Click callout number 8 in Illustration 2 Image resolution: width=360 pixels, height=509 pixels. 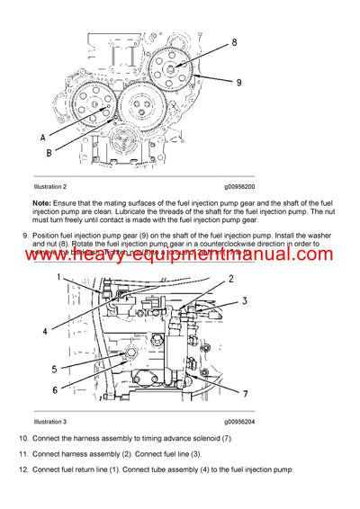tap(235, 42)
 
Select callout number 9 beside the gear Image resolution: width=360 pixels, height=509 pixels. tap(239, 83)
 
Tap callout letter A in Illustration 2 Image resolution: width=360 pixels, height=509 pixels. tap(43, 138)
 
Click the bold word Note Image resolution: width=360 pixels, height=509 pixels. tap(42, 202)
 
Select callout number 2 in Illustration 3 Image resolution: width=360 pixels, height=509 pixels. tap(230, 279)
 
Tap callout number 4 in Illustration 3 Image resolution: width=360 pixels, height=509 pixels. tap(44, 332)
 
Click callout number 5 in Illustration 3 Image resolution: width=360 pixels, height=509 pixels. tap(54, 369)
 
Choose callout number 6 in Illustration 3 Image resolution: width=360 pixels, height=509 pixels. tap(54, 389)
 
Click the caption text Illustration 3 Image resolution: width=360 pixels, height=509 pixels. tap(53, 421)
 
